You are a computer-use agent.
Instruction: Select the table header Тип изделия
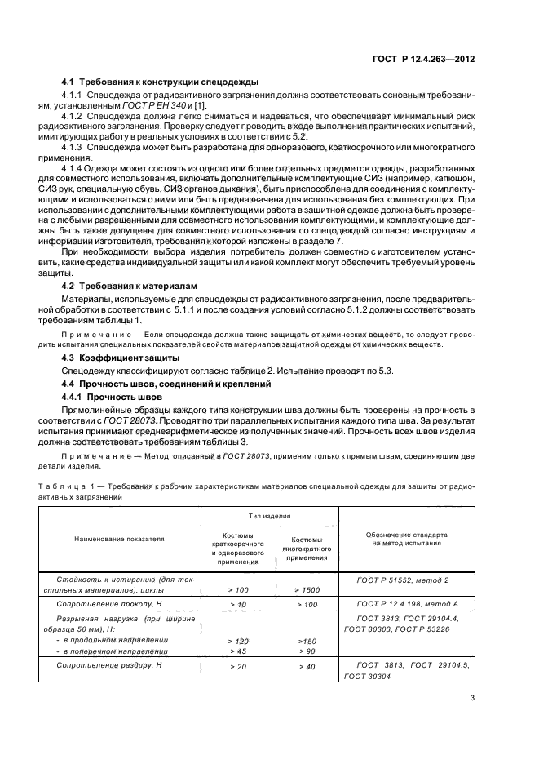pos(269,517)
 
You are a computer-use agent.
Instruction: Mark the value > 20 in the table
pos(238,667)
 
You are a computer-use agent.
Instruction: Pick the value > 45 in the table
pos(238,651)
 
